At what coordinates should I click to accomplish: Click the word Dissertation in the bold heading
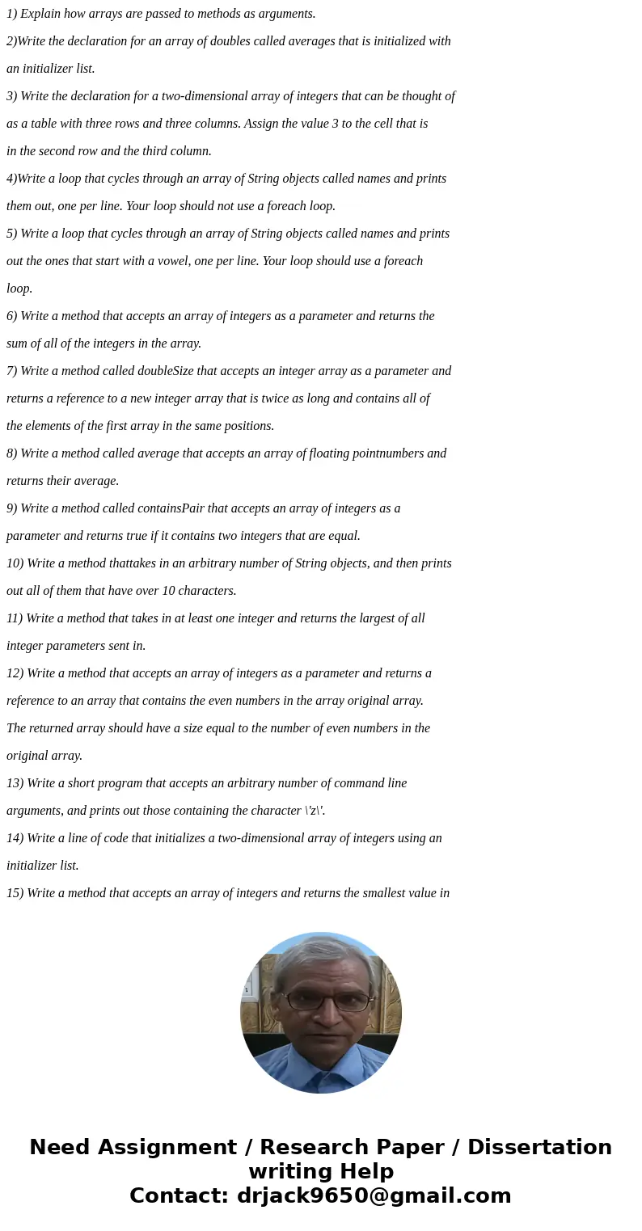click(539, 1148)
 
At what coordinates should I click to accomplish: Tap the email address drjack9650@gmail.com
click(374, 1196)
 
